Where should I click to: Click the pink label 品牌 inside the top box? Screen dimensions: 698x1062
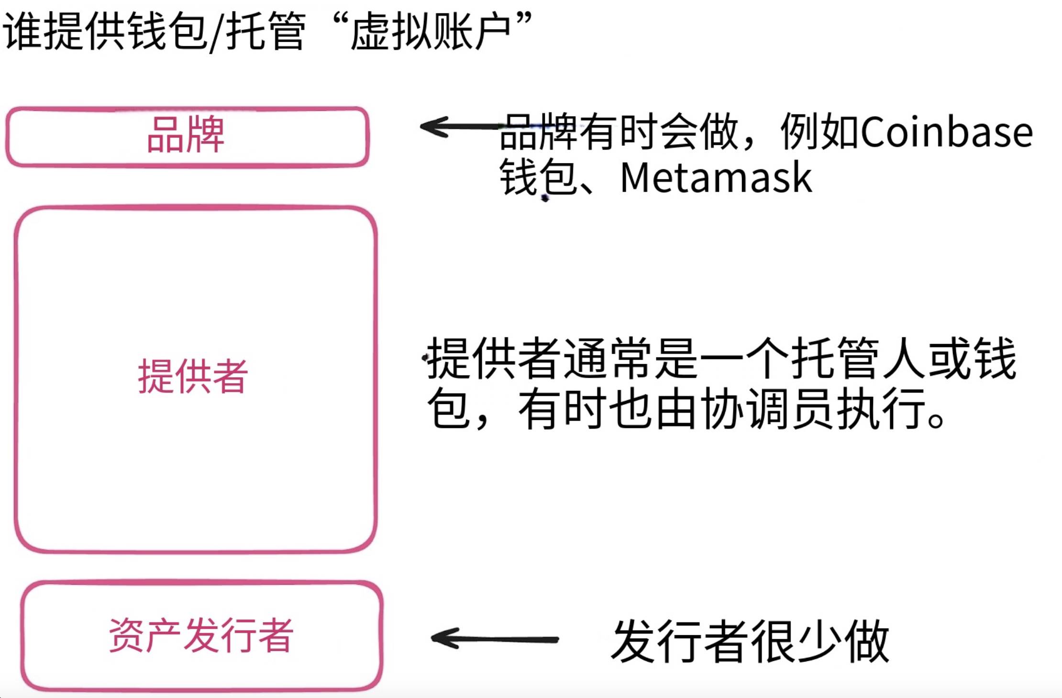[x=186, y=135]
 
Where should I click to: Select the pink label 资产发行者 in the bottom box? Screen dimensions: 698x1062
[x=201, y=635]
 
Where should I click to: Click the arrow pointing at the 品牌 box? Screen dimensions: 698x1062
[x=459, y=127]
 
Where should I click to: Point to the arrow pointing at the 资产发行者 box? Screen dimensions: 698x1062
[x=495, y=639]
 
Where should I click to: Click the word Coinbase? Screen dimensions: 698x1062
[x=947, y=132]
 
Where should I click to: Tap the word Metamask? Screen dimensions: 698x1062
[x=716, y=178]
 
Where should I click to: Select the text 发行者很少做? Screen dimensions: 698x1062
[x=750, y=641]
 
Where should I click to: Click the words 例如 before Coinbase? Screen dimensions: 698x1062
[x=819, y=131]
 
